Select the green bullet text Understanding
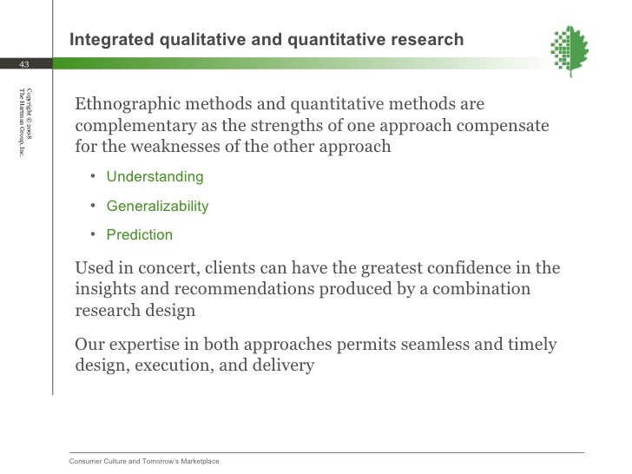tap(155, 177)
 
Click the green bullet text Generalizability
tap(157, 207)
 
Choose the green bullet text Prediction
tap(139, 235)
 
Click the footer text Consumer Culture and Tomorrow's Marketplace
tap(144, 461)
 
